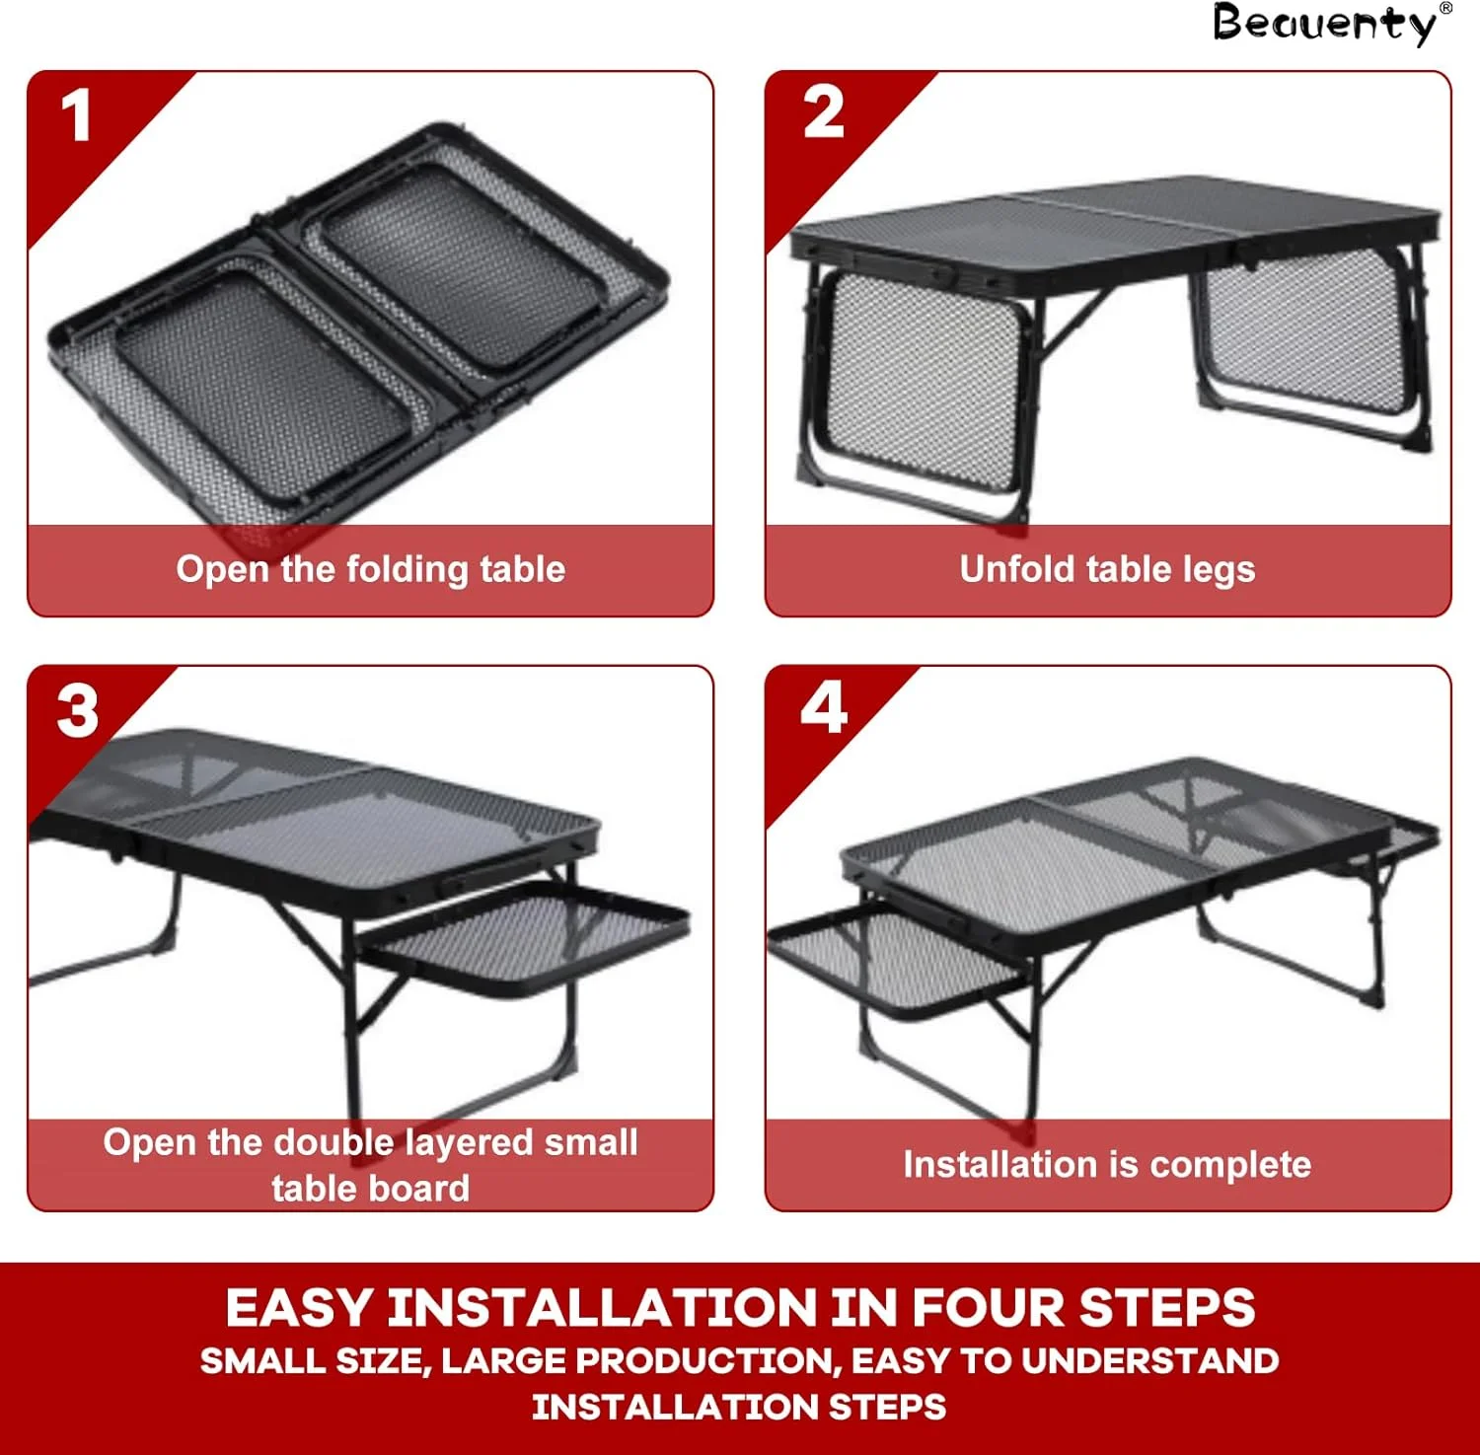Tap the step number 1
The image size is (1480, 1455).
(x=76, y=116)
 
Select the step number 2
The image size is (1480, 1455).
(x=824, y=112)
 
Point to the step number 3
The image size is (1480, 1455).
(x=78, y=710)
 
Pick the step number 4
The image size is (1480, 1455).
(x=824, y=707)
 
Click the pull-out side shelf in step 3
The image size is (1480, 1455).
(x=523, y=932)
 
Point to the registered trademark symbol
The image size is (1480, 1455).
(x=1446, y=8)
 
